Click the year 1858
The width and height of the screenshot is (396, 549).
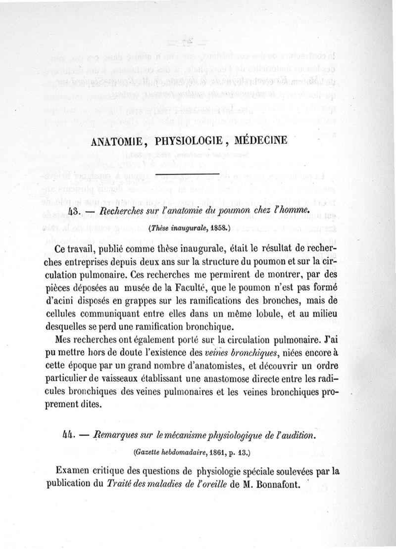point(218,229)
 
